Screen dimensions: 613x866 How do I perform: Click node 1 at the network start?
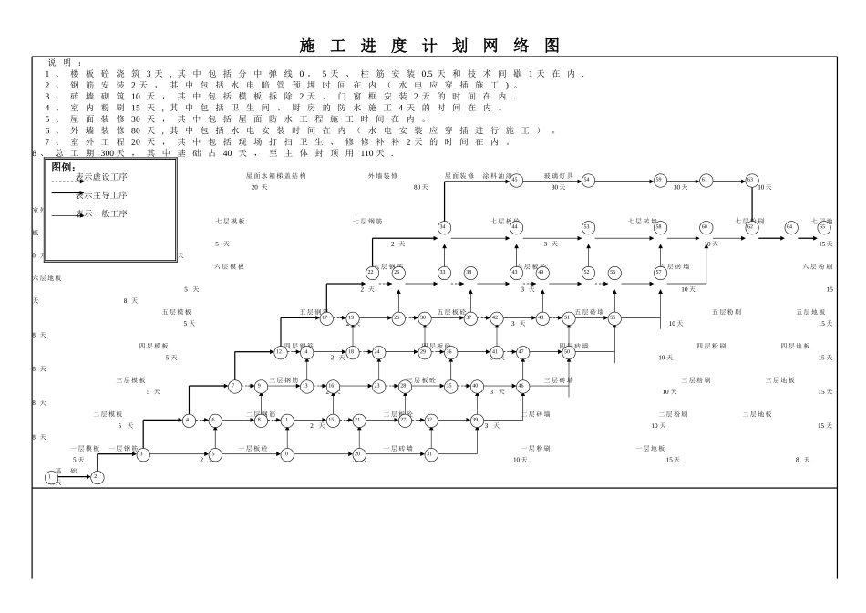[50, 476]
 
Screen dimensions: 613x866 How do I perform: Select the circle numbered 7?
[234, 386]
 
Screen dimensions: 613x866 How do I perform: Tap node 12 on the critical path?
[279, 351]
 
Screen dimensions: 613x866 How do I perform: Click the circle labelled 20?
[358, 453]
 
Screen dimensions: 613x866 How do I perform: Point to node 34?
[444, 227]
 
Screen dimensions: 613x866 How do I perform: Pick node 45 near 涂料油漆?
[515, 180]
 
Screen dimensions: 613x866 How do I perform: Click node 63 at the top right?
[751, 180]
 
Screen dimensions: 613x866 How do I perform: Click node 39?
[476, 420]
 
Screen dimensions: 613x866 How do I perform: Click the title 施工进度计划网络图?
[429, 47]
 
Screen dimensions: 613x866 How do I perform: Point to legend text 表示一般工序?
[101, 213]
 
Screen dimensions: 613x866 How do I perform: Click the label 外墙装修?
[383, 175]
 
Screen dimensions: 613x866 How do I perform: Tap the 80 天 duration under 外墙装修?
[420, 187]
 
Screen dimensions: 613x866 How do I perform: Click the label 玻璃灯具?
[558, 175]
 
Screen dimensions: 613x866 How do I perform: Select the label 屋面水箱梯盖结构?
[276, 175]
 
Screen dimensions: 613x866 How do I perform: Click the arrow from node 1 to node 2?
[74, 476]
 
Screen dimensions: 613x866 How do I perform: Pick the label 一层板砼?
[253, 448]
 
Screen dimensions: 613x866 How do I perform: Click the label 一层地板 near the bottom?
[650, 448]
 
